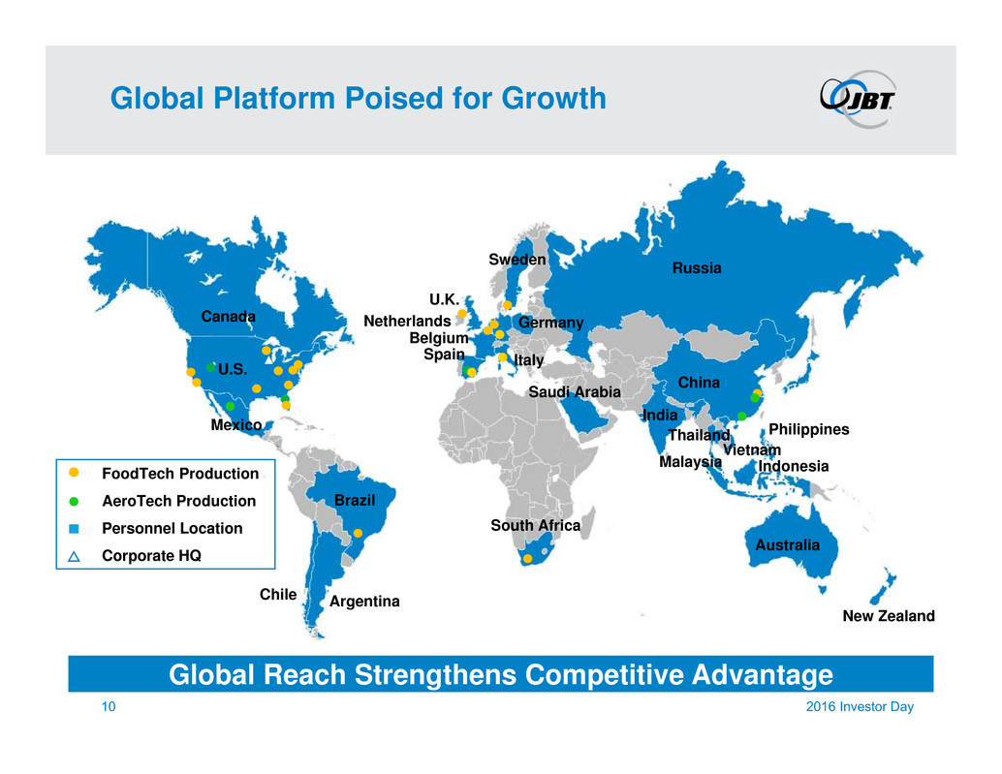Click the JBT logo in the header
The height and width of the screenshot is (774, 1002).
(858, 99)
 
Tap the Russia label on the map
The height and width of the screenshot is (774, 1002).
(697, 268)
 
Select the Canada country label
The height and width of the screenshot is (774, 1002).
(228, 317)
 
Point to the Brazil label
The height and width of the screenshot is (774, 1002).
(355, 500)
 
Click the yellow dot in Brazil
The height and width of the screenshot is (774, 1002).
(358, 533)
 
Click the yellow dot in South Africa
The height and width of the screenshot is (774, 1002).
(528, 559)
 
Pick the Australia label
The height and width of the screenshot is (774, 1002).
(787, 545)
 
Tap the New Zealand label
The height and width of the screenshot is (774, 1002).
(889, 616)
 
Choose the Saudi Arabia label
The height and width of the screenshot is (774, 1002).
(575, 392)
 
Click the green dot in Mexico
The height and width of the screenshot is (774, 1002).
(230, 406)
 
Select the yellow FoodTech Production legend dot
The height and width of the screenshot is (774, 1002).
(74, 473)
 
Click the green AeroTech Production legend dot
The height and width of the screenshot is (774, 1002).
(74, 502)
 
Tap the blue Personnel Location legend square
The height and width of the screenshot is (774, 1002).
(74, 529)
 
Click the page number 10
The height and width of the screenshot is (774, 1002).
(109, 706)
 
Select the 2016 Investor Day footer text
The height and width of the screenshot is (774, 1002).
(860, 707)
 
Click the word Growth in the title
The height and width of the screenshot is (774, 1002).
(553, 99)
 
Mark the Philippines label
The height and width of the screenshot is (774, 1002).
(808, 430)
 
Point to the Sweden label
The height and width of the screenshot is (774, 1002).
(517, 260)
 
